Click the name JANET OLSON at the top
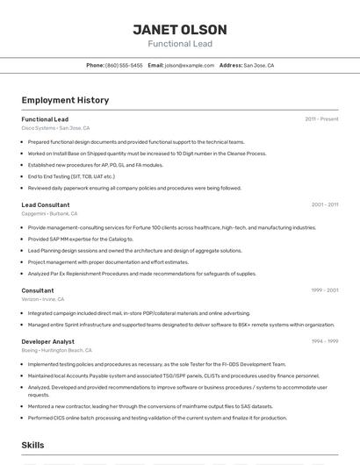(x=180, y=29)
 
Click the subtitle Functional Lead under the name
(x=180, y=44)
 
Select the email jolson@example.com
(x=190, y=65)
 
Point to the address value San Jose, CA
(x=259, y=65)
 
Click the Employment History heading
(x=65, y=100)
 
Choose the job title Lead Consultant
(x=46, y=204)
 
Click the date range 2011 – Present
(x=321, y=119)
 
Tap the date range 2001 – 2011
(x=325, y=204)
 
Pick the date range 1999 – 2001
(x=325, y=290)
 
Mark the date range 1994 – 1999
(x=325, y=341)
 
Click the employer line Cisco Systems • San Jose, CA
(x=55, y=128)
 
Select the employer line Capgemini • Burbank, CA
(x=49, y=213)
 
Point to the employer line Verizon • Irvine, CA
(x=43, y=299)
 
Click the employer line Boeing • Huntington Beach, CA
(x=57, y=350)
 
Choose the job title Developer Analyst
(x=48, y=341)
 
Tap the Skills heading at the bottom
(x=33, y=446)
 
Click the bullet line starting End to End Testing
(x=71, y=176)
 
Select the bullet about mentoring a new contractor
(x=150, y=406)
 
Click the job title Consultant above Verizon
(x=38, y=290)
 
